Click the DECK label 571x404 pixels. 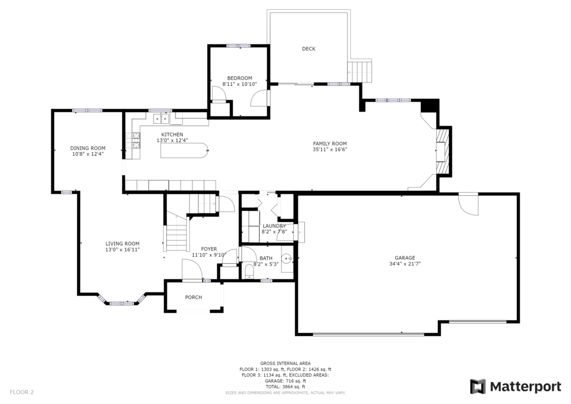(x=308, y=49)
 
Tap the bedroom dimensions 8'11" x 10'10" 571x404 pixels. (x=240, y=84)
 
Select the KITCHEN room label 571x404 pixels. (x=172, y=135)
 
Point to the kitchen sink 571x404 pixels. (x=161, y=119)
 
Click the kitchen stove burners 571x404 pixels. (x=133, y=141)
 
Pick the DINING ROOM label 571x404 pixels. (x=88, y=148)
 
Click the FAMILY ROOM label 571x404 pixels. (x=330, y=144)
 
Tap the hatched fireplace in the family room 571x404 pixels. (x=444, y=151)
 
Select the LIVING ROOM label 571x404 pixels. (x=122, y=244)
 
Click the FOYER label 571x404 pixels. (x=209, y=249)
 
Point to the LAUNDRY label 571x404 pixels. (x=274, y=226)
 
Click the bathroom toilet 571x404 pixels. (x=249, y=272)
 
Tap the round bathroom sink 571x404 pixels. (x=288, y=259)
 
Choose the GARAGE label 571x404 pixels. (x=405, y=258)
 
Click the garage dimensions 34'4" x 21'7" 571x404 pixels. (x=405, y=264)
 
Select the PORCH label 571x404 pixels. (x=193, y=297)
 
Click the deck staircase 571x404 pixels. (x=360, y=72)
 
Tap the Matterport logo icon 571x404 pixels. (x=478, y=387)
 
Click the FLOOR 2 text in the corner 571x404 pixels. (x=22, y=392)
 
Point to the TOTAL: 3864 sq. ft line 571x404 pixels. (x=285, y=387)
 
